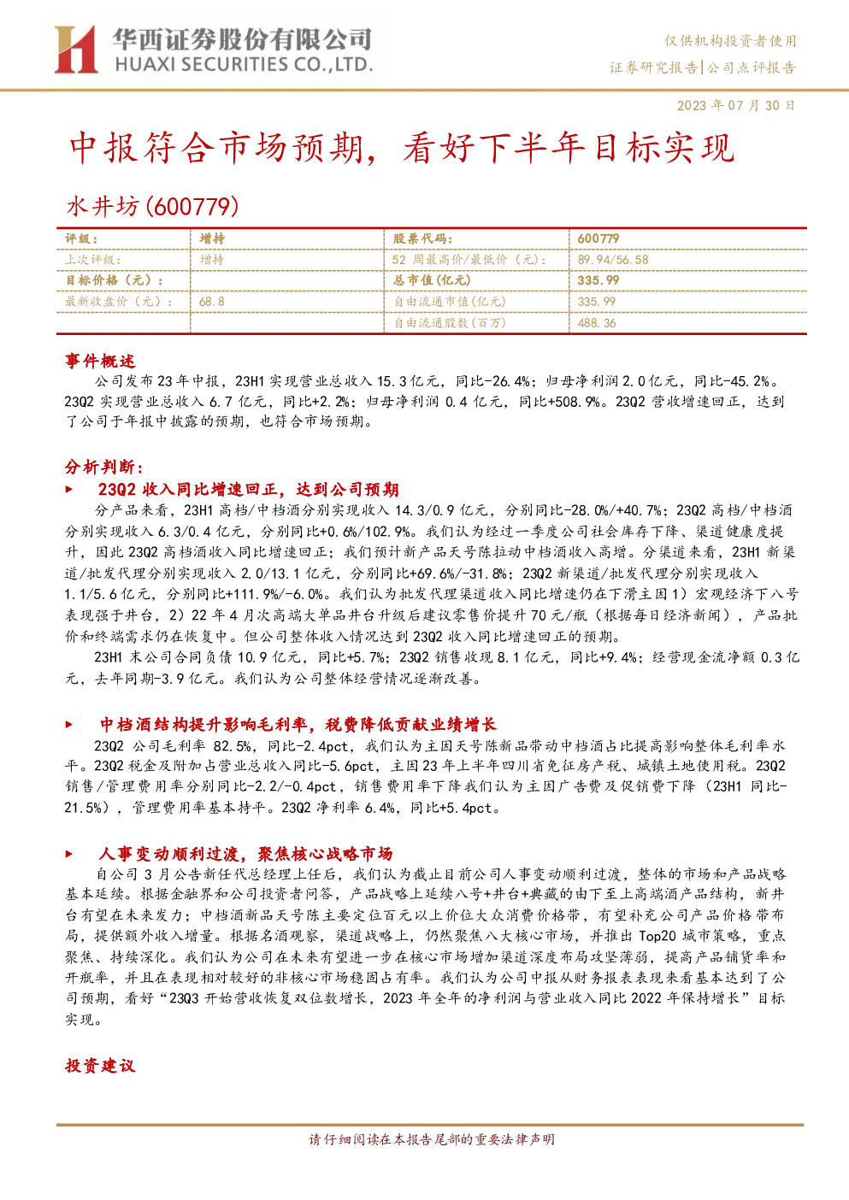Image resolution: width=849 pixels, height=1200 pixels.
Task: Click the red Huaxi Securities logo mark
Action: pyautogui.click(x=75, y=50)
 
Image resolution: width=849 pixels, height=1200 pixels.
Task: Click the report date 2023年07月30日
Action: pyautogui.click(x=736, y=105)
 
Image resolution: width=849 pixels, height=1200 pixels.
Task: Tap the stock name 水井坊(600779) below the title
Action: pyautogui.click(x=153, y=206)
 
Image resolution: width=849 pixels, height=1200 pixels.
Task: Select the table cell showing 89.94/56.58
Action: pyautogui.click(x=613, y=260)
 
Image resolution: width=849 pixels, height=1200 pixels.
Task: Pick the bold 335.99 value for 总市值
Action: pyautogui.click(x=598, y=280)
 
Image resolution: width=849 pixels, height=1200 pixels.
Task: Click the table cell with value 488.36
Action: pyautogui.click(x=597, y=323)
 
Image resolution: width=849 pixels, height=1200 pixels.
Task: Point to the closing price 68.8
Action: pyautogui.click(x=212, y=302)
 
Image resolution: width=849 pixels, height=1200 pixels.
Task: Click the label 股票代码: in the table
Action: pyautogui.click(x=422, y=238)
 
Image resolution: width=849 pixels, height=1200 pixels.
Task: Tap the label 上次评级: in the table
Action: pyautogui.click(x=92, y=260)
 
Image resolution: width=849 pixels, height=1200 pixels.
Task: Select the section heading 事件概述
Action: pyautogui.click(x=100, y=361)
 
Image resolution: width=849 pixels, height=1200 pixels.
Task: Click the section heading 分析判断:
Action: pyautogui.click(x=104, y=468)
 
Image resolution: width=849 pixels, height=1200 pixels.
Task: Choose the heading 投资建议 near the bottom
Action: pyautogui.click(x=100, y=1066)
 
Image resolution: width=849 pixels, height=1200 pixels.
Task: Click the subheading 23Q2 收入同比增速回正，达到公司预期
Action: pyautogui.click(x=249, y=489)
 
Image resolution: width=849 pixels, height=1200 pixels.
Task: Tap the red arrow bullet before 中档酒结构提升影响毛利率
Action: pyautogui.click(x=68, y=725)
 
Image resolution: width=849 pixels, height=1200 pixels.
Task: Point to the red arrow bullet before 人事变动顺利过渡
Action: pyautogui.click(x=68, y=854)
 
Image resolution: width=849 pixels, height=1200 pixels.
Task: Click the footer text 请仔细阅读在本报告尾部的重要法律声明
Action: pyautogui.click(x=432, y=1139)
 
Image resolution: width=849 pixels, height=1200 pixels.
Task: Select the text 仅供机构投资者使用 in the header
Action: pyautogui.click(x=730, y=41)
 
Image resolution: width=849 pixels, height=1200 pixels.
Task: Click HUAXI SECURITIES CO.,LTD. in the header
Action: pyautogui.click(x=244, y=65)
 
